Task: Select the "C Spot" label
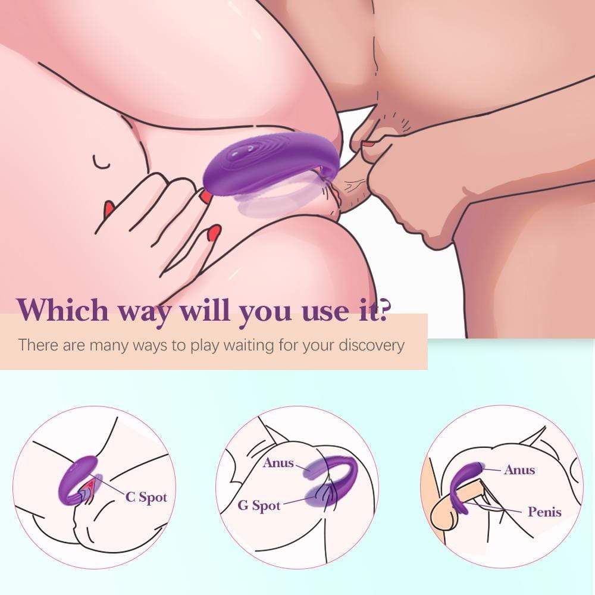tap(146, 497)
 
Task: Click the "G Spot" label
tap(259, 506)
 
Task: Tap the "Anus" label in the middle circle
tap(278, 462)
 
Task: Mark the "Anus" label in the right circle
tap(519, 469)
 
